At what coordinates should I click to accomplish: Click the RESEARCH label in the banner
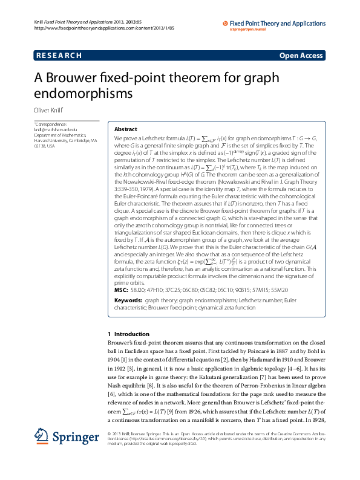[59, 56]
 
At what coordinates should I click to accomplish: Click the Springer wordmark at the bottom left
[68, 453]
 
